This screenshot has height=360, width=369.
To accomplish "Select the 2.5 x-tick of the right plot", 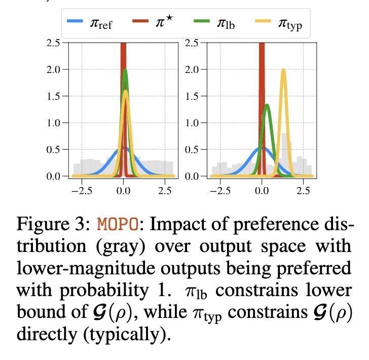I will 303,191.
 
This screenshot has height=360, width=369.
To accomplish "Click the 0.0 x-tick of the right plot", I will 262,191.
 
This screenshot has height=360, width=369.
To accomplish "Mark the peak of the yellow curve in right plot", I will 283,70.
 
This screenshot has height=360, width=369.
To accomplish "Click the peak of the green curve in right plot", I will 267,105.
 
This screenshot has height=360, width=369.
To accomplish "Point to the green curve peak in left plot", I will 125,70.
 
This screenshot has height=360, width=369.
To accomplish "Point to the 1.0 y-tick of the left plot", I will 53,123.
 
